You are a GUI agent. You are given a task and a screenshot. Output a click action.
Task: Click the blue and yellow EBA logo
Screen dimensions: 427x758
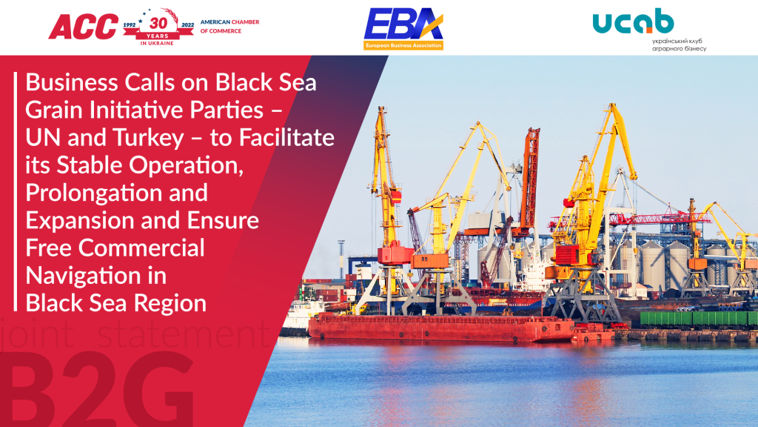403,25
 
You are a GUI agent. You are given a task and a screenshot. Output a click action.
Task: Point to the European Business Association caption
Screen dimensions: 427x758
403,45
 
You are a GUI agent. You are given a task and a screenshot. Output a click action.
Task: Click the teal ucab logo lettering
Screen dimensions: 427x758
633,22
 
